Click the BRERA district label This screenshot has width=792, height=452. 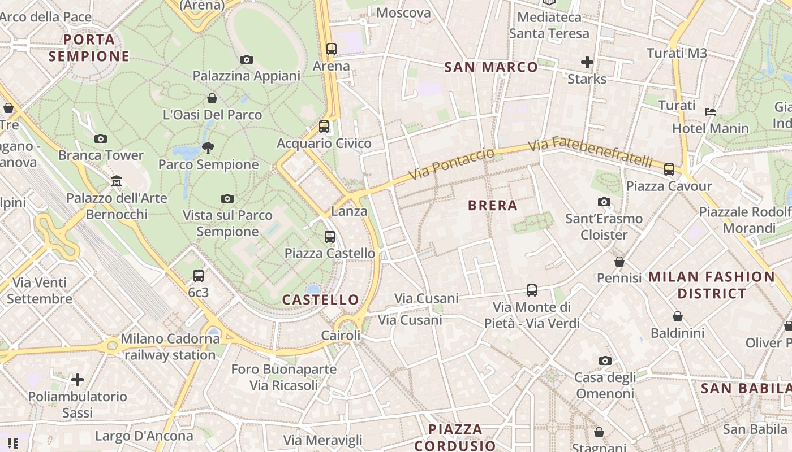tap(493, 206)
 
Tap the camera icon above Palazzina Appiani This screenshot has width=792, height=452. tap(246, 59)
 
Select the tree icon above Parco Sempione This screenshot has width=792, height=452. tap(208, 148)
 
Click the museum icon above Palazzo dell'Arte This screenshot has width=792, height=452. tap(117, 181)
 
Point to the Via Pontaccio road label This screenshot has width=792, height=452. tap(451, 164)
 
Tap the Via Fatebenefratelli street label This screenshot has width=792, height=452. tap(591, 152)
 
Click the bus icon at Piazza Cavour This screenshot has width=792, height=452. tap(669, 169)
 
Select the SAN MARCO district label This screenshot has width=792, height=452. tap(491, 67)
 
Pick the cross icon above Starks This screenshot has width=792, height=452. tap(587, 62)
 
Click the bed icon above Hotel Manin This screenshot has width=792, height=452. tap(711, 112)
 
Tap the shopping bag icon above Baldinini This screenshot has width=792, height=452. tap(677, 316)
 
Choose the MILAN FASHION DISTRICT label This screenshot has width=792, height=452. tap(712, 285)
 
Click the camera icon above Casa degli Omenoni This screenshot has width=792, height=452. tap(605, 360)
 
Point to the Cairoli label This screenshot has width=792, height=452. tap(341, 336)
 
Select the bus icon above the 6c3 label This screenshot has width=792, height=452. tap(198, 276)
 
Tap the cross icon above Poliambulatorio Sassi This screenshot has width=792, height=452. tap(78, 379)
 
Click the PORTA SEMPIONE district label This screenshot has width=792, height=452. tap(89, 48)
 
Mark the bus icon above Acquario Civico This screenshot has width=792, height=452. tap(324, 127)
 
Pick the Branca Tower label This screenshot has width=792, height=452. tap(101, 155)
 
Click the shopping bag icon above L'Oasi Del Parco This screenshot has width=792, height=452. tap(212, 98)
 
